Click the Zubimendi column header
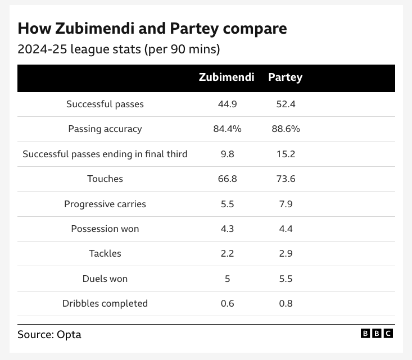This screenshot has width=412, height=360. click(x=227, y=78)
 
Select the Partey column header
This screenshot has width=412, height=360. click(x=285, y=78)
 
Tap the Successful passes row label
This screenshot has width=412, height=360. click(x=105, y=104)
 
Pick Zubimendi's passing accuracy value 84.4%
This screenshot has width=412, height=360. click(x=227, y=129)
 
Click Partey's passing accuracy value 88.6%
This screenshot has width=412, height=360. click(x=286, y=129)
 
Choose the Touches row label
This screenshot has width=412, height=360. click(x=105, y=179)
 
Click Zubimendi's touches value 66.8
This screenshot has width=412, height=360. click(x=227, y=179)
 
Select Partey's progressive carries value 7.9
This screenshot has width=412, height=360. click(x=286, y=204)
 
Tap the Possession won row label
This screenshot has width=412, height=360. click(x=105, y=229)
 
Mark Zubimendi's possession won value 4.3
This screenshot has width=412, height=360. click(x=227, y=229)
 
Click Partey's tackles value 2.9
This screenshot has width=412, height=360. click(x=286, y=253)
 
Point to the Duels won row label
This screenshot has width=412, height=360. click(x=105, y=279)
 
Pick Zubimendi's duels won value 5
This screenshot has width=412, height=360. click(x=227, y=279)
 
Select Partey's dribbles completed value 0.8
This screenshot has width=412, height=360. click(x=286, y=303)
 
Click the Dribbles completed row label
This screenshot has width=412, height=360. click(x=105, y=303)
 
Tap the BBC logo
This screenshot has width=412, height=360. click(x=377, y=334)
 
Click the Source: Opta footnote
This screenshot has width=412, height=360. click(x=49, y=334)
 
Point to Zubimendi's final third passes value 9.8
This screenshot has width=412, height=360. click(x=227, y=154)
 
